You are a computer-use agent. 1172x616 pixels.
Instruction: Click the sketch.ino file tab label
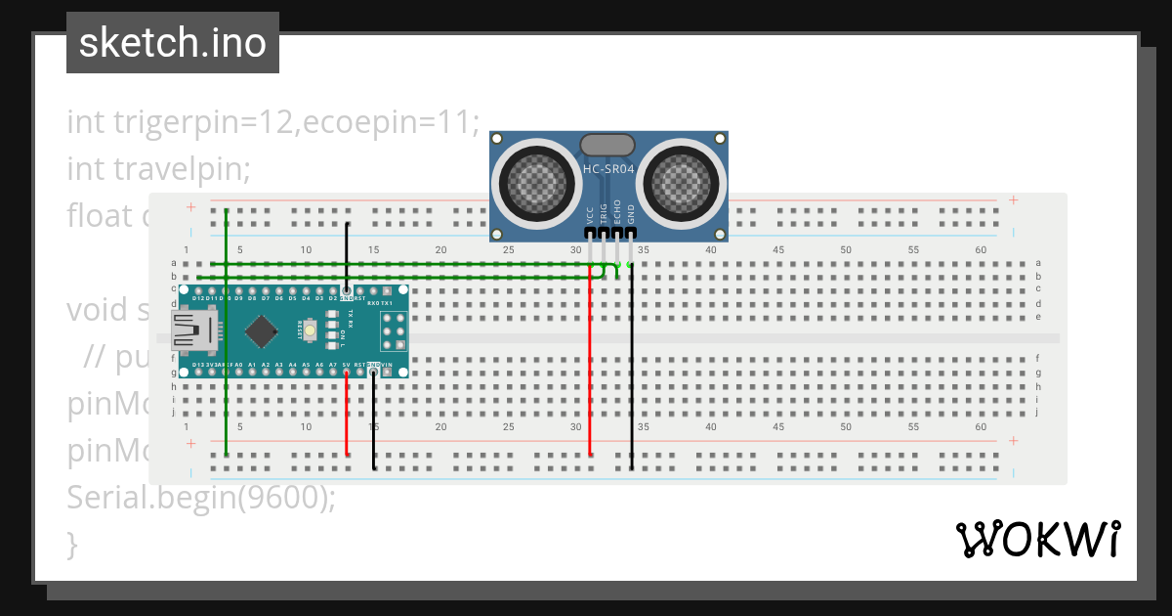173,43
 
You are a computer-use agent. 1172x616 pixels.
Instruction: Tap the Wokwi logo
1037,539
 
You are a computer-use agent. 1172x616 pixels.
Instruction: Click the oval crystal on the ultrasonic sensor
608,146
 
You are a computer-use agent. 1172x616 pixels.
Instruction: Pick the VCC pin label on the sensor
590,216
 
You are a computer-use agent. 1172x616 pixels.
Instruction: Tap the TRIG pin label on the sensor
604,216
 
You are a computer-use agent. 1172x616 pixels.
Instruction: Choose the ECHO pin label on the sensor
617,216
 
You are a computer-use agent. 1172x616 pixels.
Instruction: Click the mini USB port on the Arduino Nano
195,330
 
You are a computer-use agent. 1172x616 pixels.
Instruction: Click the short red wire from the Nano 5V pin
347,416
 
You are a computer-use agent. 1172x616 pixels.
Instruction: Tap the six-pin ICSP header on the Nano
393,332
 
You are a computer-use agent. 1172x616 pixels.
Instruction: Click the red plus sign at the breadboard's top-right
1014,200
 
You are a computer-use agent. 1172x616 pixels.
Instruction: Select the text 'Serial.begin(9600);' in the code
201,498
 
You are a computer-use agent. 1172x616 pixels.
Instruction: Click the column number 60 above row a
981,250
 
